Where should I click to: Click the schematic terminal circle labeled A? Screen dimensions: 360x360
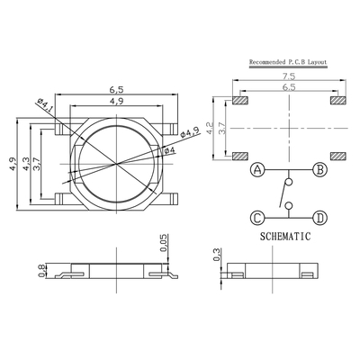257,170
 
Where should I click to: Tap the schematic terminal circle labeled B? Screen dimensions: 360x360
320,170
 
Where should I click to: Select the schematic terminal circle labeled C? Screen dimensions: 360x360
257,218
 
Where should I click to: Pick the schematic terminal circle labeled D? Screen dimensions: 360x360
320,218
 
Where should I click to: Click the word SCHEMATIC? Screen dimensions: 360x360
285,237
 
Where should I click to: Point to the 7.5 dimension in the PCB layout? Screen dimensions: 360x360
289,76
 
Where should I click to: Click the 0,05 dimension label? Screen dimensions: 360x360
164,243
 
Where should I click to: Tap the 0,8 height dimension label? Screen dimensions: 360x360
42,271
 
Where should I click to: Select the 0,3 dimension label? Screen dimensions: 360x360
216,255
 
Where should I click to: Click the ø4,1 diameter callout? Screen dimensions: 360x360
46,105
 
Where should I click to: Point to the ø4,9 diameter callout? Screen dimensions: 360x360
190,132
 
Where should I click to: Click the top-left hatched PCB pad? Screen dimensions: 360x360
240,100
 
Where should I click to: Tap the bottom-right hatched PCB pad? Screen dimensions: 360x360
338,156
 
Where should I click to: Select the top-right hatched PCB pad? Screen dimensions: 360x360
338,100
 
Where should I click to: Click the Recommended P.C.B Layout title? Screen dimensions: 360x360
288,62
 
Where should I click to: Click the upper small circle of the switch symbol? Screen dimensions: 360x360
289,182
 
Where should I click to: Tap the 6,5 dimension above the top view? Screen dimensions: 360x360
116,89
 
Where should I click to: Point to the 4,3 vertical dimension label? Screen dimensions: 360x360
26,164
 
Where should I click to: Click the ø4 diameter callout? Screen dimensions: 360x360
168,150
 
